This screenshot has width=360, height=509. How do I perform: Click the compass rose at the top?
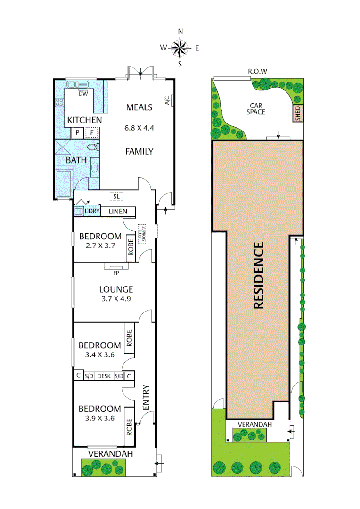pos(180,47)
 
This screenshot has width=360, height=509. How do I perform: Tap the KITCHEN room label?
pos(84,120)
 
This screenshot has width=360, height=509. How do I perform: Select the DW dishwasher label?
pos(83,94)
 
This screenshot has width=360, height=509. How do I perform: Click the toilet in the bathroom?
pos(93,147)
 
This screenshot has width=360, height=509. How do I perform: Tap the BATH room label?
pos(76,160)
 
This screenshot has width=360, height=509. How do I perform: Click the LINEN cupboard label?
pos(118,211)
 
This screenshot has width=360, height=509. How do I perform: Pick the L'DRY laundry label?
pos(92,211)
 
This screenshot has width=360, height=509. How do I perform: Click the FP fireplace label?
pos(115,272)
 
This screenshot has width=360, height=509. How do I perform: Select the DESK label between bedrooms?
pos(104,376)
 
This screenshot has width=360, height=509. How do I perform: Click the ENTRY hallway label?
pos(146,397)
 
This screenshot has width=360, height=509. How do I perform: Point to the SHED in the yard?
pos(297,114)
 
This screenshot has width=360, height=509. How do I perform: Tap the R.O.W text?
pos(258,71)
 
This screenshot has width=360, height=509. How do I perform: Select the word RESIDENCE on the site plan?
pos(258,276)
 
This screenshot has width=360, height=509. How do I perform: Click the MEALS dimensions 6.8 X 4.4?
pos(139,127)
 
